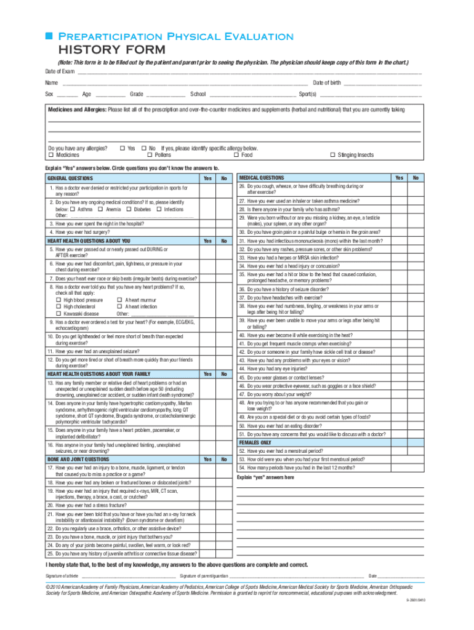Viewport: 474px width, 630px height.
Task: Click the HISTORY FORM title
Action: point(111,50)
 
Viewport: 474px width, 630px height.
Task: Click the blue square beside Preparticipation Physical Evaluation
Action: point(49,37)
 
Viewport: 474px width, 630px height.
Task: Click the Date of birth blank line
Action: point(382,83)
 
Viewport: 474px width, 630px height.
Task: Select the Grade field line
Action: point(166,95)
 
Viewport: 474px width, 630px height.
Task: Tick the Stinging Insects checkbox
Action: point(333,156)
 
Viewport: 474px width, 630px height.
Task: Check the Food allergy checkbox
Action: point(236,156)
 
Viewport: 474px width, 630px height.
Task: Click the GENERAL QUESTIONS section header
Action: point(68,178)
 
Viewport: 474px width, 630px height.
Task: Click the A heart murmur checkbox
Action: point(120,300)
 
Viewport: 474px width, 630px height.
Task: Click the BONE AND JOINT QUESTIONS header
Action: point(79,459)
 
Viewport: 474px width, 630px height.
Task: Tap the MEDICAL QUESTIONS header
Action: point(262,178)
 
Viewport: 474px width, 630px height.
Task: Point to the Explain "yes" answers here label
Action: point(265,477)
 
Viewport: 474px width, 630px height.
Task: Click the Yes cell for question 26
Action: point(399,189)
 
